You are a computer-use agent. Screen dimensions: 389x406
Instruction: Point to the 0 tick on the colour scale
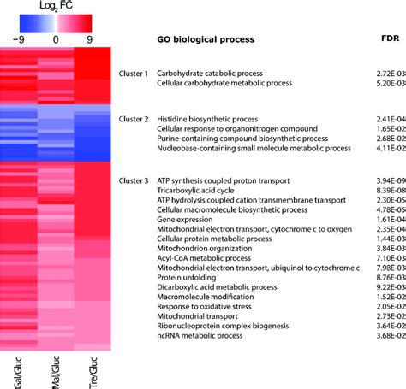click(56, 38)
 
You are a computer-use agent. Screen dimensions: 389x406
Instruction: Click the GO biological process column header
click(206, 39)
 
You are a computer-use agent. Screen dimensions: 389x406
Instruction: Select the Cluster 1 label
click(134, 74)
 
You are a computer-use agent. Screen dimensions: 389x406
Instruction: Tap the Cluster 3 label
click(134, 181)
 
